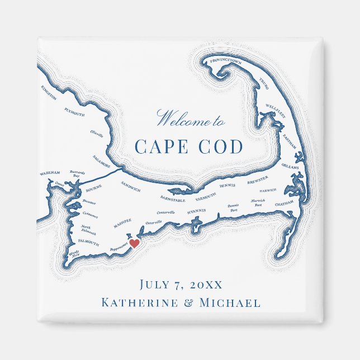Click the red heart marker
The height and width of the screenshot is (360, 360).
134,243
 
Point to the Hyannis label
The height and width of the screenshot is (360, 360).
196,211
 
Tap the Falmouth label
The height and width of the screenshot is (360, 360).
88,243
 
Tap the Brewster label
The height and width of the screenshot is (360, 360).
258,181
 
